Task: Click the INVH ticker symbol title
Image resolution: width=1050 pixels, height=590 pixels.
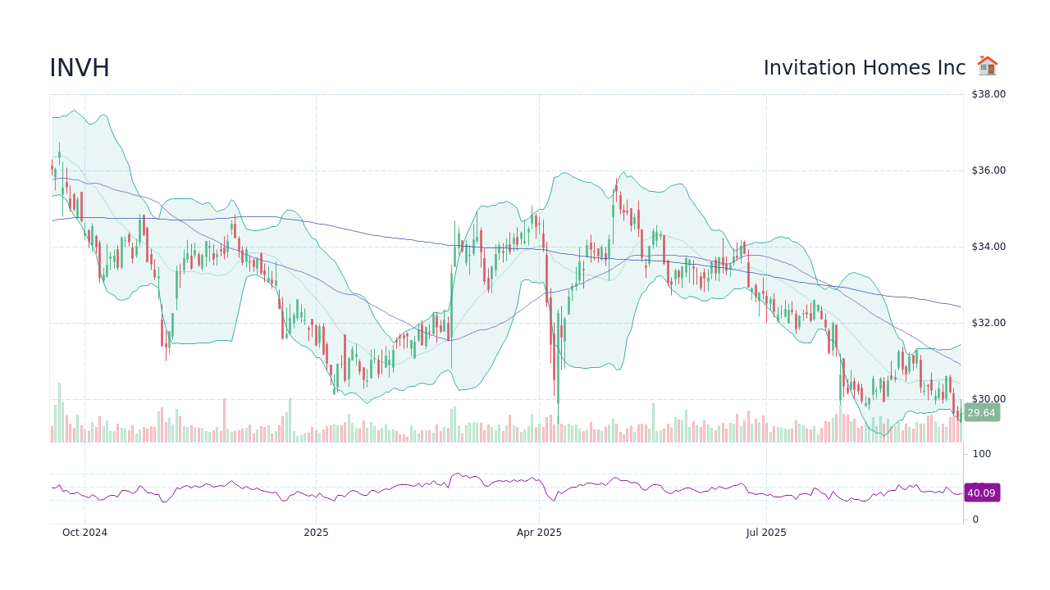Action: [x=80, y=69]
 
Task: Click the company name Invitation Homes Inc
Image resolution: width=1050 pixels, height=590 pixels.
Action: [x=865, y=68]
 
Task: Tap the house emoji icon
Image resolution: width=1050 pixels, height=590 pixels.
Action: [x=987, y=66]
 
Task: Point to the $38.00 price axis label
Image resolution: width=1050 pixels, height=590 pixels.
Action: [x=988, y=94]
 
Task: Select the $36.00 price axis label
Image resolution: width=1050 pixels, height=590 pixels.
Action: [x=988, y=170]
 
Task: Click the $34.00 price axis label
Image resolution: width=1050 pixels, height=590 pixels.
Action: [x=988, y=247]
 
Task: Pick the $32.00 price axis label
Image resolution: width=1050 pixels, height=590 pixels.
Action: [x=988, y=323]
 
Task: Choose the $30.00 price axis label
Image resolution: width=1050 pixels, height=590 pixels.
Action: [x=988, y=399]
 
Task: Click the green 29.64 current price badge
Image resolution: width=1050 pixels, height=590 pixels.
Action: [x=981, y=413]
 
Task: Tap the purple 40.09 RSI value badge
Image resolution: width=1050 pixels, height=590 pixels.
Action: [x=981, y=493]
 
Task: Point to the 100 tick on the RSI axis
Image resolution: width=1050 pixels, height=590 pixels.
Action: [x=981, y=454]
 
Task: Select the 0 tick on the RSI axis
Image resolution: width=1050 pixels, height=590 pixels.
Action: [x=975, y=520]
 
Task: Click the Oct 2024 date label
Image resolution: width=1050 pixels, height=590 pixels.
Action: [x=84, y=533]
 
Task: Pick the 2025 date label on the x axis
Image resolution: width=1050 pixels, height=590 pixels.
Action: [x=316, y=533]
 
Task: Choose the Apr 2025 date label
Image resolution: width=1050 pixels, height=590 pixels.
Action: [x=539, y=533]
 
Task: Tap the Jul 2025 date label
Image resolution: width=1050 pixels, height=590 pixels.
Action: [x=766, y=533]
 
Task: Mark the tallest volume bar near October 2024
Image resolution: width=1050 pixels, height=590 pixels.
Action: [x=59, y=412]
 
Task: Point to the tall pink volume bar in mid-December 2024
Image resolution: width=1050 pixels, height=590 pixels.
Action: [x=224, y=420]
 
